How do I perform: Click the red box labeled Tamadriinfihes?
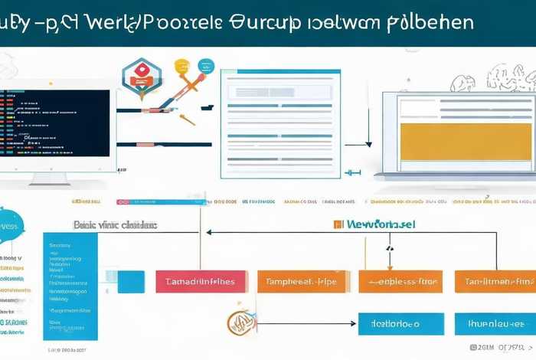click(201, 281)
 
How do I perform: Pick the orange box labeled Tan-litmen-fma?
click(495, 281)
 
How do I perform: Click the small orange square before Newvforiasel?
click(338, 225)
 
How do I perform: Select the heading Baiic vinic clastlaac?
click(115, 225)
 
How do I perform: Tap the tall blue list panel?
click(70, 286)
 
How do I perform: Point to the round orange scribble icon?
click(237, 324)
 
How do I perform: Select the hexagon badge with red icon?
click(142, 75)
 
